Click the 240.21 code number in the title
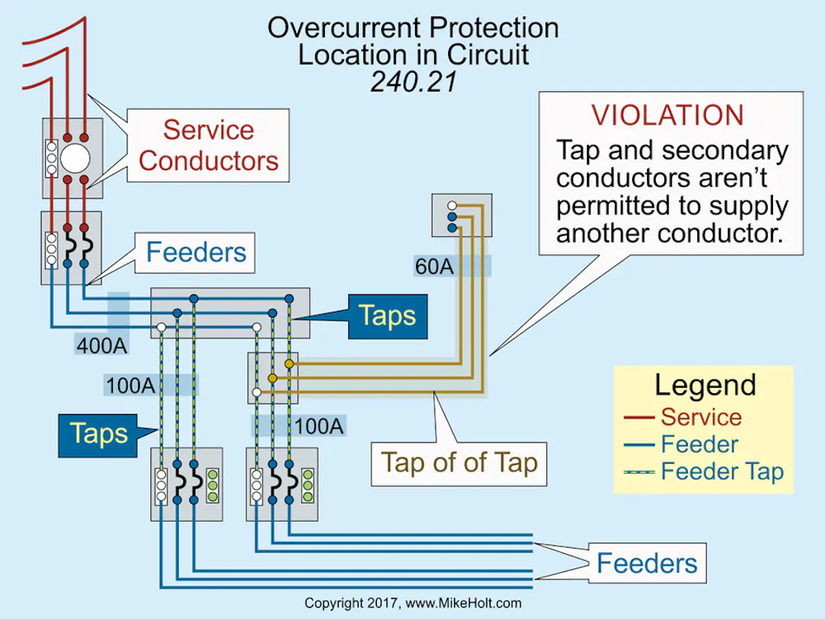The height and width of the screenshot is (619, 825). click(412, 81)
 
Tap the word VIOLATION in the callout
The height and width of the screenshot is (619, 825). click(667, 115)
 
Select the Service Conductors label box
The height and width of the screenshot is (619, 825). click(208, 145)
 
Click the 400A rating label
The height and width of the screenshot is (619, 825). click(101, 346)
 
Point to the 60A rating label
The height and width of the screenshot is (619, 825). click(434, 267)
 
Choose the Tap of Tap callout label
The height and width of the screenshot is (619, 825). click(459, 462)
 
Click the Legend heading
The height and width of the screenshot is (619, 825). click(704, 385)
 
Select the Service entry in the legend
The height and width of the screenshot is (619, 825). click(700, 417)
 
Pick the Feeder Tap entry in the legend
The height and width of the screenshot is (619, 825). click(722, 472)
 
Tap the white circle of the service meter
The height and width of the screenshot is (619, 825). click(75, 158)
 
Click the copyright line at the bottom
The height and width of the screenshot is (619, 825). click(412, 603)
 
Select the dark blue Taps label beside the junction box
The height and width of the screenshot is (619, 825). click(387, 316)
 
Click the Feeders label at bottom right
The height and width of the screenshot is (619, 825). click(646, 563)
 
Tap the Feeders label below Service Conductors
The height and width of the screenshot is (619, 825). click(196, 253)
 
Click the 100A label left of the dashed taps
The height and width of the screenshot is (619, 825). click(130, 385)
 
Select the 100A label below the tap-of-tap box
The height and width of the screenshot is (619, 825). click(318, 425)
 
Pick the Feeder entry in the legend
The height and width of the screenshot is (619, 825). click(699, 444)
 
